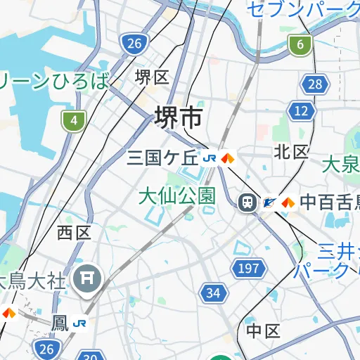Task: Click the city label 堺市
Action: pyautogui.click(x=178, y=118)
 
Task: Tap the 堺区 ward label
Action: pyautogui.click(x=152, y=77)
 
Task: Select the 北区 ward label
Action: pyautogui.click(x=291, y=151)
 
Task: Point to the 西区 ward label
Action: pyautogui.click(x=75, y=233)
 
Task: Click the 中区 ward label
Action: pyautogui.click(x=263, y=330)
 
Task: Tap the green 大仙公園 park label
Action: pyautogui.click(x=176, y=195)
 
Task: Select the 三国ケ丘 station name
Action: pyautogui.click(x=163, y=157)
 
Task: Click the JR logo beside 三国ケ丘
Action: pyautogui.click(x=210, y=158)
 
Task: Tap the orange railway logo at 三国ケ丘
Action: pyautogui.click(x=226, y=158)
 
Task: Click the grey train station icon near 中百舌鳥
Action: pyautogui.click(x=247, y=202)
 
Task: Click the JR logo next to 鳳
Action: pyautogui.click(x=79, y=323)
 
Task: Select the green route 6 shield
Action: pyautogui.click(x=300, y=46)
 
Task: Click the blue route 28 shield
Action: pyautogui.click(x=315, y=85)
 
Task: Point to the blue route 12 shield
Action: pyautogui.click(x=301, y=110)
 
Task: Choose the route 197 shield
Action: pyautogui.click(x=249, y=268)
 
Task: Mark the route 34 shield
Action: pyautogui.click(x=213, y=292)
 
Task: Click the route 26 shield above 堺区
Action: pyautogui.click(x=134, y=44)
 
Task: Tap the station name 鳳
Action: pyautogui.click(x=61, y=323)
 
